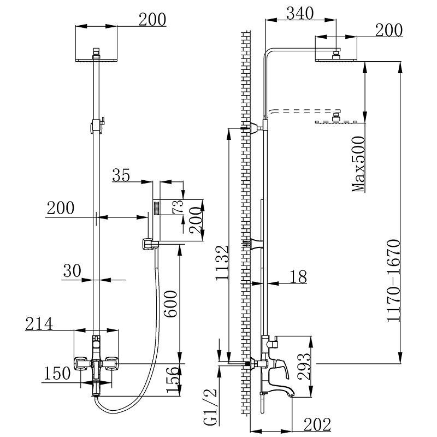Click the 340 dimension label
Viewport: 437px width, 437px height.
click(300, 13)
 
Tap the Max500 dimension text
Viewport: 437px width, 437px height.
click(358, 164)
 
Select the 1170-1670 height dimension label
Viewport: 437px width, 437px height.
click(393, 280)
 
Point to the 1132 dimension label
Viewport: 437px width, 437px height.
click(222, 262)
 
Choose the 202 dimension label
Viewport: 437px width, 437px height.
click(317, 425)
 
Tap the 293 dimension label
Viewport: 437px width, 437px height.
click(304, 367)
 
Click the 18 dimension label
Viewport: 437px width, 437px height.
click(298, 276)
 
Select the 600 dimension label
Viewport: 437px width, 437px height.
click(170, 304)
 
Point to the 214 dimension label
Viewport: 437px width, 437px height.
click(39, 324)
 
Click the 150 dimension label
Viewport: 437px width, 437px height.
click(57, 373)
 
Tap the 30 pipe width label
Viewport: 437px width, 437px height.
click(72, 270)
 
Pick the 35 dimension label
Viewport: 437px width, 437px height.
click(121, 175)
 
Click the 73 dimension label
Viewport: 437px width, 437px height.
click(178, 207)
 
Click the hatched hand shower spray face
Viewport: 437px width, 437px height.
click(156, 208)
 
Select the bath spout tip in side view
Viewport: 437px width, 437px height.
click(292, 395)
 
